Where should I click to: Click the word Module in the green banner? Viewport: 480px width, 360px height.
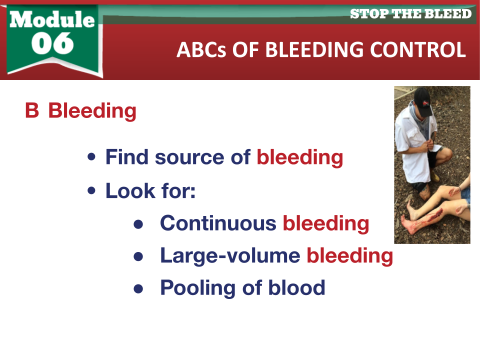tap(52, 19)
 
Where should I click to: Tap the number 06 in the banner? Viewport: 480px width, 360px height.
tap(52, 43)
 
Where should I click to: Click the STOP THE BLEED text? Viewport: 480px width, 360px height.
tap(410, 14)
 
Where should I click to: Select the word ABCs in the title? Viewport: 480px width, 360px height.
tap(201, 49)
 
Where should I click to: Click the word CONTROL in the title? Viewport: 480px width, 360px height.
tap(418, 49)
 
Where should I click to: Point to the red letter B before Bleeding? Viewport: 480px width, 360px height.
tap(32, 110)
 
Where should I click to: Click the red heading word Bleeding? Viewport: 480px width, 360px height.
tap(92, 111)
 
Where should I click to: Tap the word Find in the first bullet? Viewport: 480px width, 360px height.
tap(127, 157)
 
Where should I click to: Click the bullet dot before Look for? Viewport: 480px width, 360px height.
tap(91, 190)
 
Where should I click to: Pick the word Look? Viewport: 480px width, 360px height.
tap(130, 190)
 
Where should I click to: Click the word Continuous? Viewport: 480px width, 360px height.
tap(218, 223)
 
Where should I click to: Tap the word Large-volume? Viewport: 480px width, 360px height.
tap(230, 256)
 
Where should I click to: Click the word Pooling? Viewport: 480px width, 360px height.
tap(198, 288)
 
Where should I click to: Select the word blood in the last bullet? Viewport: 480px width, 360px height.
tap(296, 287)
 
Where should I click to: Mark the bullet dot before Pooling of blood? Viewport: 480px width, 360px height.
tap(138, 288)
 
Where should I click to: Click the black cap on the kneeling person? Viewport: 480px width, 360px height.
tap(422, 101)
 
